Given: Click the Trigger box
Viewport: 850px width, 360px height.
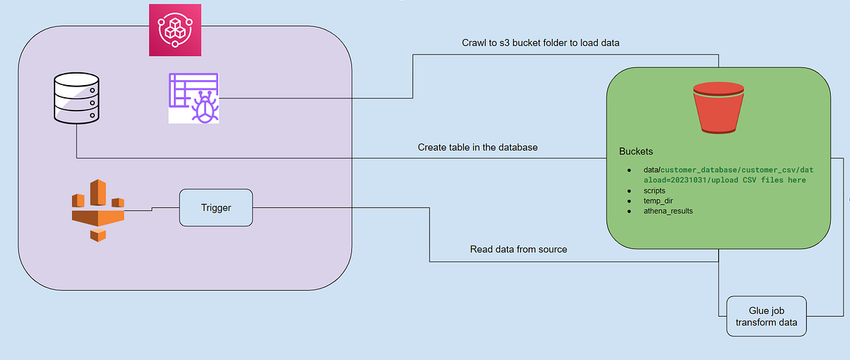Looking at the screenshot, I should [216, 208].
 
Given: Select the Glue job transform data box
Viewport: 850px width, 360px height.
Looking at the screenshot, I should [766, 316].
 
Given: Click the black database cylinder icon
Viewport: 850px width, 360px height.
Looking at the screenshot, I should [75, 99].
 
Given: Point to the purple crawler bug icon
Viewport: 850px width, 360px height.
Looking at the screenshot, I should [193, 98].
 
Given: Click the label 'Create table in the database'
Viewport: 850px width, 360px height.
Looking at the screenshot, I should [478, 147].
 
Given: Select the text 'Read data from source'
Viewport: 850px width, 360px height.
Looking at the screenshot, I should [518, 249].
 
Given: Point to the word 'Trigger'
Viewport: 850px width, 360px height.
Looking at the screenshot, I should [216, 208].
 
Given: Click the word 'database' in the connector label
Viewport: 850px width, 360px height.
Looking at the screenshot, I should [516, 147].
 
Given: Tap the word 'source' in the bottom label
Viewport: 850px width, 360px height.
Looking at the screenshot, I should [550, 249].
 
